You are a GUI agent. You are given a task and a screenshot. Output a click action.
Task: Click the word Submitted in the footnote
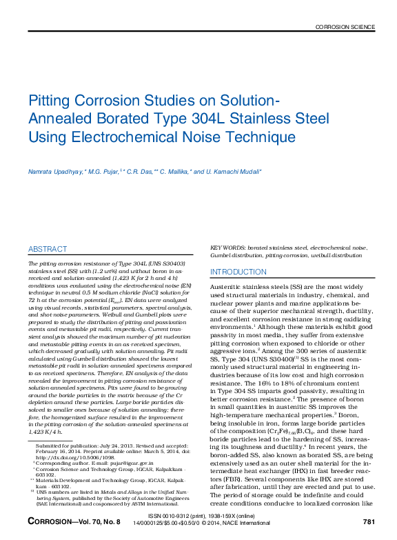tap(49, 445)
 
